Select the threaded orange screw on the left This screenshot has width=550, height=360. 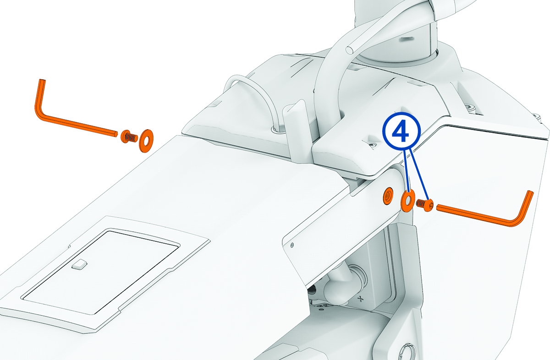click(128, 136)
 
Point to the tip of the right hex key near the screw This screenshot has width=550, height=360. click(439, 207)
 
